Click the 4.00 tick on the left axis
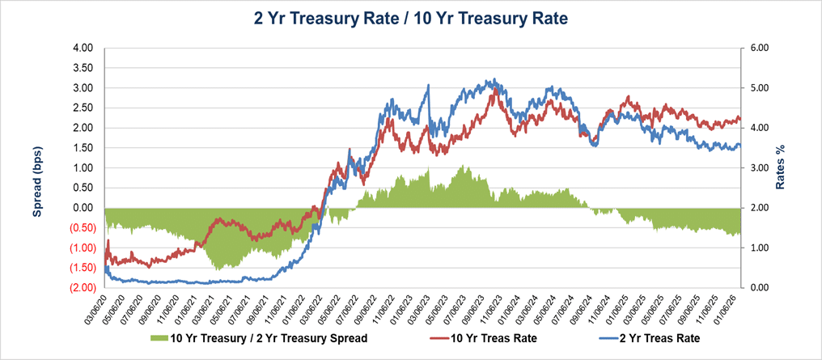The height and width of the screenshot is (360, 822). [x=83, y=48]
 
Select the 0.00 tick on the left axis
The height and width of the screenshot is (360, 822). [x=83, y=208]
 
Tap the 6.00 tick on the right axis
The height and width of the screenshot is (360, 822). [x=759, y=48]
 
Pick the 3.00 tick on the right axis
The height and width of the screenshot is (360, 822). [x=759, y=167]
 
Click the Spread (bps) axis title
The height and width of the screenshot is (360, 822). [x=37, y=167]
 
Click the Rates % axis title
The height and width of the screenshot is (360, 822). [x=781, y=167]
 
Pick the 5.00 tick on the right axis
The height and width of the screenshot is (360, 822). [x=759, y=87]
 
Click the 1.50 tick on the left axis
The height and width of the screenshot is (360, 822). [x=83, y=148]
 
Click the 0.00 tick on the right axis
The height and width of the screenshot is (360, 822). [x=759, y=287]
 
